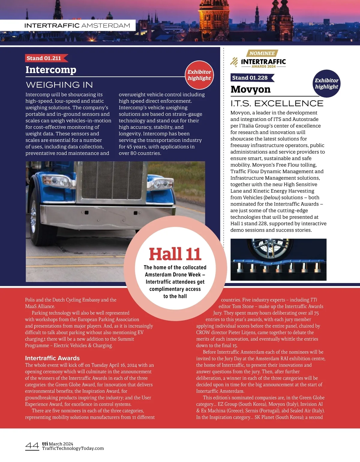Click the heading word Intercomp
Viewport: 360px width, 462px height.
pos(51,70)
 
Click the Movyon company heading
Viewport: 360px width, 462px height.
pos(250,89)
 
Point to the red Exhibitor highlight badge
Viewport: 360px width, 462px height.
pos(199,75)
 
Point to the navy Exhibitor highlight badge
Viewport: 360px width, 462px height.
pos(326,84)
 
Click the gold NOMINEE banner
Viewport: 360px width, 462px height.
pos(262,53)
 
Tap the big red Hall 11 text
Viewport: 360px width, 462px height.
pos(175,254)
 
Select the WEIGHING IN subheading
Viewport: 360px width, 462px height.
pos(59,85)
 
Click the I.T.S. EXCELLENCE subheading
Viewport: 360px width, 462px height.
pos(277,103)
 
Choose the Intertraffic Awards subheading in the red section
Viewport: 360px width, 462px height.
pos(52,358)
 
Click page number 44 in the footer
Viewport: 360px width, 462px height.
pos(32,446)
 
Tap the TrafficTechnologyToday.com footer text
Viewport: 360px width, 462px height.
pos(73,448)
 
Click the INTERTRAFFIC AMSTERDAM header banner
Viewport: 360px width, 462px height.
pos(77,26)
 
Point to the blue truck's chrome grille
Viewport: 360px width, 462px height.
pos(112,180)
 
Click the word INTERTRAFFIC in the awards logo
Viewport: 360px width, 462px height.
pos(263,62)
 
